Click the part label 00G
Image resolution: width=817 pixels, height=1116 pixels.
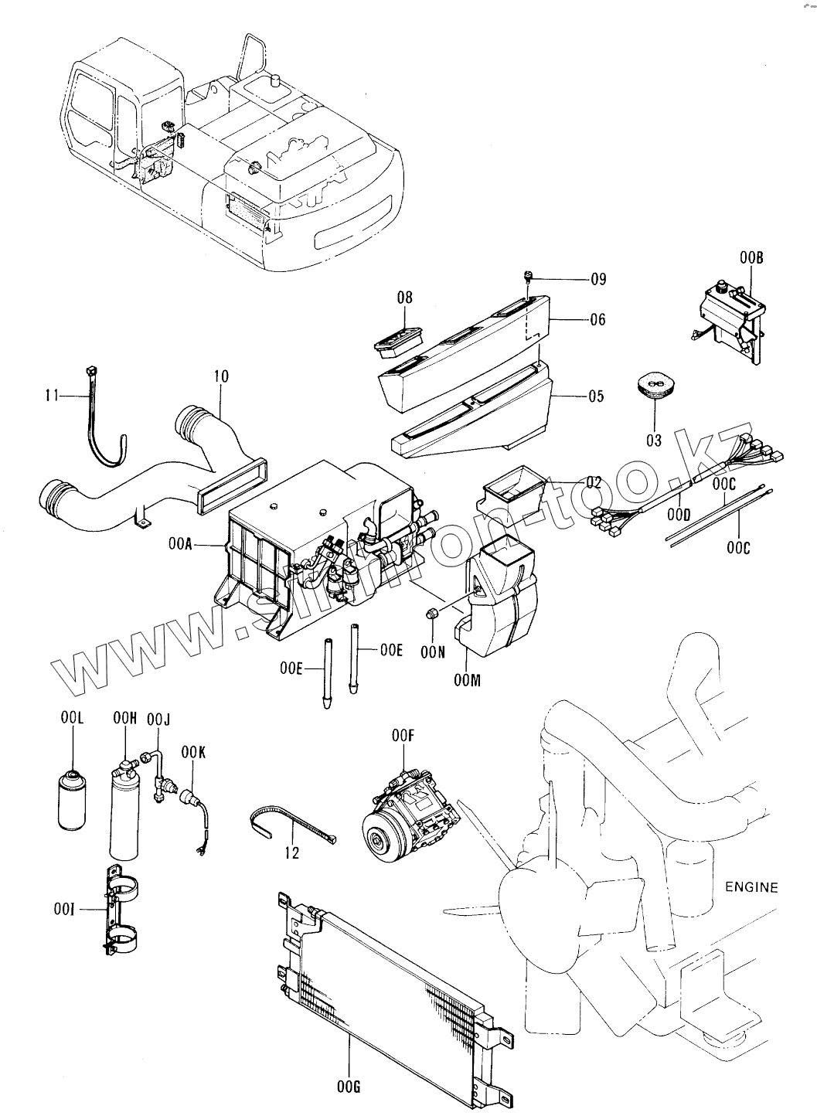pyautogui.click(x=349, y=1087)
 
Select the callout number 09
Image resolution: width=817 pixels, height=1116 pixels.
pyautogui.click(x=598, y=279)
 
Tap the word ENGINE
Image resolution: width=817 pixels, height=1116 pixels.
pyautogui.click(x=751, y=886)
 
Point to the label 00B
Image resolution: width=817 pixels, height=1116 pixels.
pyautogui.click(x=751, y=259)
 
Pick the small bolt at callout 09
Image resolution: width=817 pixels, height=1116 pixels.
pyautogui.click(x=528, y=277)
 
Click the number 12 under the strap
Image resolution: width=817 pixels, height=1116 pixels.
pyautogui.click(x=292, y=852)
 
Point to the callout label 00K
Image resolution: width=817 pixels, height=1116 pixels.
pyautogui.click(x=193, y=751)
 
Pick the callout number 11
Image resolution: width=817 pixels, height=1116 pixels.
pyautogui.click(x=52, y=396)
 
